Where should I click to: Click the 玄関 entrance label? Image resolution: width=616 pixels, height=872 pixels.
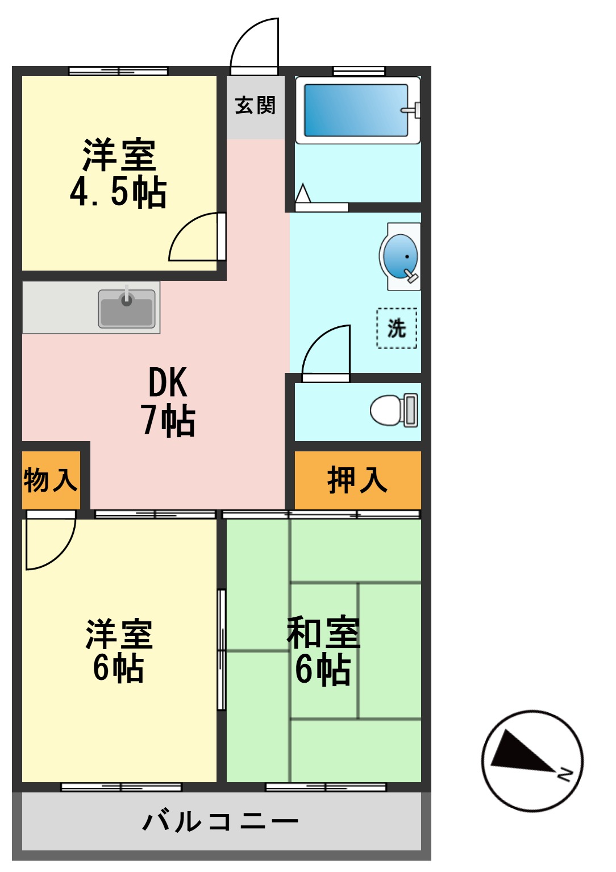click(255, 105)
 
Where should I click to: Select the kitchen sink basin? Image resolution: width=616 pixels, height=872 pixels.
click(127, 309)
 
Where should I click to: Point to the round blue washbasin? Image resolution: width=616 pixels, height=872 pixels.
click(401, 256)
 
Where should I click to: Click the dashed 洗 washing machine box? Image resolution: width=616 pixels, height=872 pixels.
click(397, 328)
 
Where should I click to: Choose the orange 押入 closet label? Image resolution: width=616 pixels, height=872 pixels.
click(357, 480)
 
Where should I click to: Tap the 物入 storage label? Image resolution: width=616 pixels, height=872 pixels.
click(50, 480)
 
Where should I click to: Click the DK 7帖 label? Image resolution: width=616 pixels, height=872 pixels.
click(168, 401)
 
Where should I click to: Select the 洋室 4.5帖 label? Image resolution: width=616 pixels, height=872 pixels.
click(118, 173)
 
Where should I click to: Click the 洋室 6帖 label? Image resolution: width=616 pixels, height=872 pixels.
click(119, 650)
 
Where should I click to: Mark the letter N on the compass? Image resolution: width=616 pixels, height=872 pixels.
click(565, 774)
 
